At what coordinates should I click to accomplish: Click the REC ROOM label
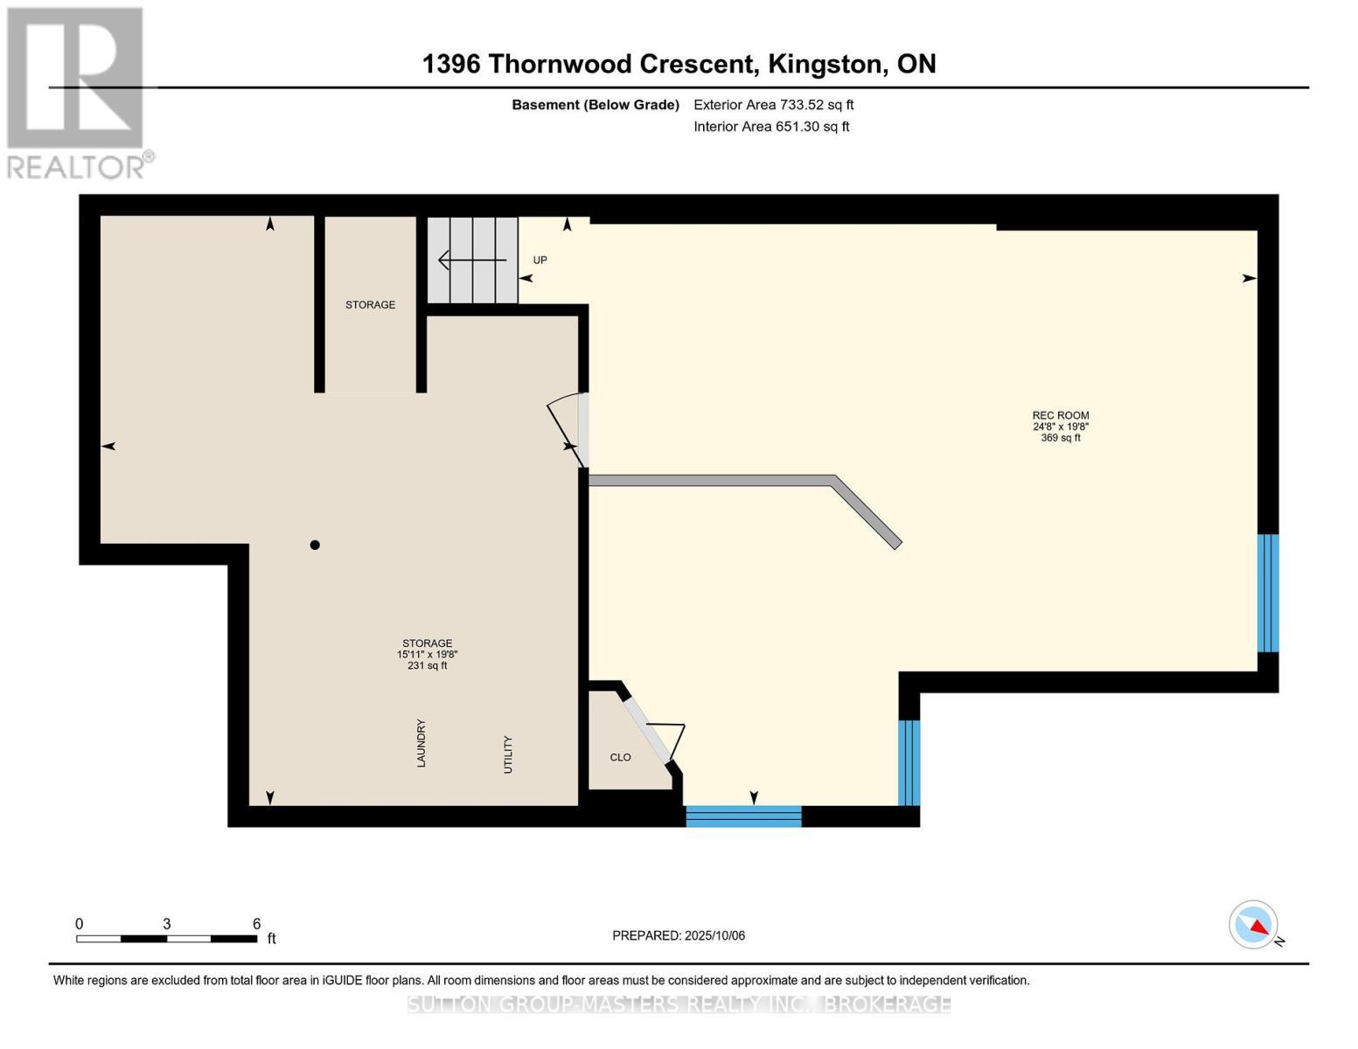[x=1061, y=415]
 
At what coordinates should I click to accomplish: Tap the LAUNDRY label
[x=421, y=743]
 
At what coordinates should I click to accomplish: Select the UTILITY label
[x=508, y=754]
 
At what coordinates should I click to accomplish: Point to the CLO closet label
[x=621, y=757]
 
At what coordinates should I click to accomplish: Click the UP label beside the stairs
[x=540, y=260]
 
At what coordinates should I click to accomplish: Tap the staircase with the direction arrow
[x=472, y=260]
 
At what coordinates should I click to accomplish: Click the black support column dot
[x=315, y=545]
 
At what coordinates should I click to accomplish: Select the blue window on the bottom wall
[x=743, y=816]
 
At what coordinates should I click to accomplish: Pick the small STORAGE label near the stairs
[x=371, y=305]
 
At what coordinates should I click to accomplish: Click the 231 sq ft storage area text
[x=428, y=666]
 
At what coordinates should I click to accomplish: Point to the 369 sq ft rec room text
[x=1061, y=438]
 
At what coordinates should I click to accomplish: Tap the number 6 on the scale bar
[x=256, y=923]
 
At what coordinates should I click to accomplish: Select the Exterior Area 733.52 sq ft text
[x=774, y=105]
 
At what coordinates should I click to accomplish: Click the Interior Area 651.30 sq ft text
[x=772, y=127]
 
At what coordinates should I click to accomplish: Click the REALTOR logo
[x=78, y=94]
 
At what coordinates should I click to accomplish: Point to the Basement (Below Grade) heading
[x=595, y=105]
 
